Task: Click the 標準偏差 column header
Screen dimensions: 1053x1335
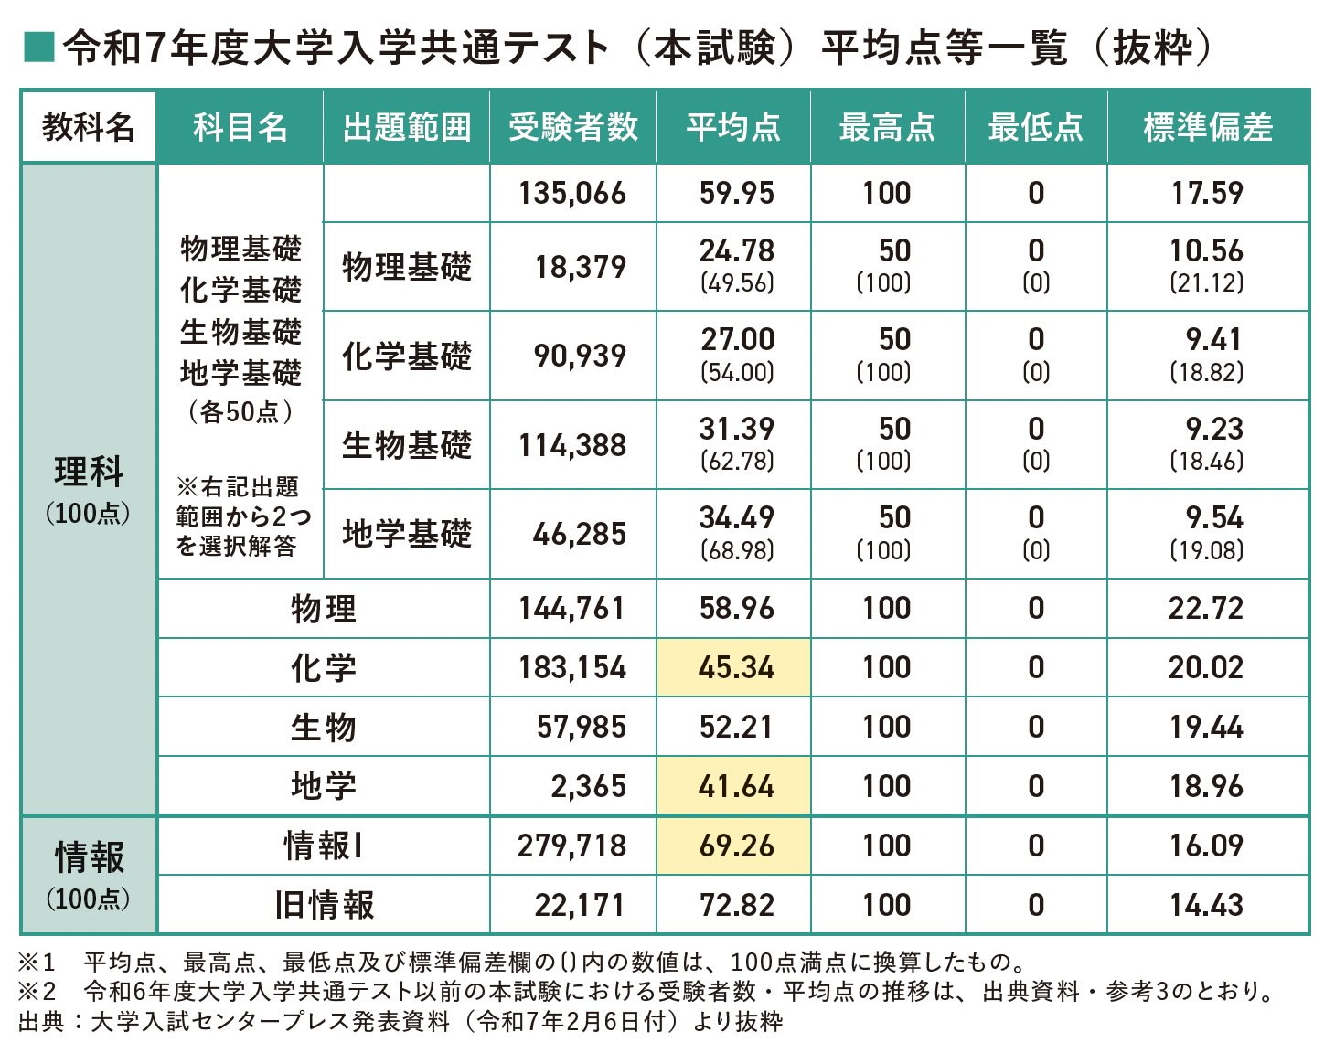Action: tap(1207, 127)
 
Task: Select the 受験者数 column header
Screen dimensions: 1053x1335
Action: tap(572, 127)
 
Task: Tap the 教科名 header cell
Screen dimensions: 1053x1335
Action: tap(88, 127)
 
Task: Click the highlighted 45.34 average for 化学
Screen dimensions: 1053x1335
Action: tap(735, 667)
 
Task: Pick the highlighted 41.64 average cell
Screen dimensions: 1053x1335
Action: tap(735, 786)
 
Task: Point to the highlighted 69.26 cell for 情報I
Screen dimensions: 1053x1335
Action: tap(735, 846)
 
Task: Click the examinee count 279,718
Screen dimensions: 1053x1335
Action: tap(572, 846)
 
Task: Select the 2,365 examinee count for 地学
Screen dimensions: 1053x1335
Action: tap(588, 786)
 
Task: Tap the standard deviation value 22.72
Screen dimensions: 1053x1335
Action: tap(1205, 608)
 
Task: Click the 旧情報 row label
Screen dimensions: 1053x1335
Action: tap(324, 905)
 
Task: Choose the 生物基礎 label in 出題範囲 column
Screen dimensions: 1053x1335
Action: tap(407, 445)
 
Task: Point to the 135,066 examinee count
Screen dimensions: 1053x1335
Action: tap(572, 193)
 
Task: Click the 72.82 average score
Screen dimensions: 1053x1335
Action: tap(736, 905)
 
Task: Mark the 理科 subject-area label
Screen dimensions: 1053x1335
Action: tap(88, 473)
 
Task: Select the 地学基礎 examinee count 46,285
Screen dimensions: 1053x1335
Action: tap(580, 534)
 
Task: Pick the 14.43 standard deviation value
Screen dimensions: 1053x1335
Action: tap(1206, 905)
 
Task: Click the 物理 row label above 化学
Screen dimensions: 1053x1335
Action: tap(324, 608)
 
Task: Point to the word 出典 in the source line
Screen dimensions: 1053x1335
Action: tap(40, 1021)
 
